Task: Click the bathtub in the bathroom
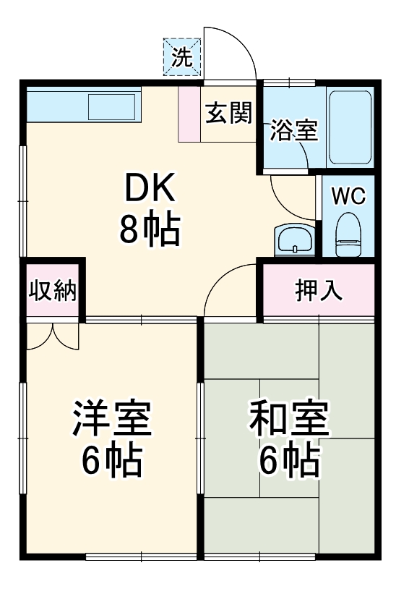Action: point(350,128)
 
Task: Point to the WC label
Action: point(348,195)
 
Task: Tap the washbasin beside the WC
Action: point(295,240)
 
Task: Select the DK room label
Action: point(150,190)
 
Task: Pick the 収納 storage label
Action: point(53,291)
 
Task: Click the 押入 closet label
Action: point(319,291)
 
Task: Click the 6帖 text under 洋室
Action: point(111,461)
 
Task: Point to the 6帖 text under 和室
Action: point(289,461)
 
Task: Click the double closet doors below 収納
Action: point(53,335)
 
